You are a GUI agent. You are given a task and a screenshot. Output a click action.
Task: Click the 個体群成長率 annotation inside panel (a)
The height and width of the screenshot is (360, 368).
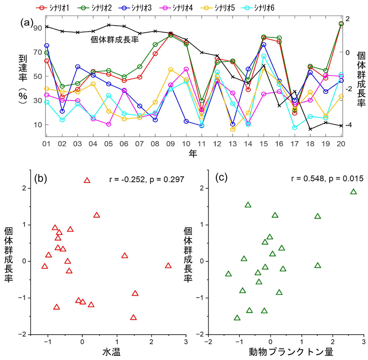pos(114,39)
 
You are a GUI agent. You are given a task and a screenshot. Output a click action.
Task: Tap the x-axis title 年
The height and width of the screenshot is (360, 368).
pos(194,153)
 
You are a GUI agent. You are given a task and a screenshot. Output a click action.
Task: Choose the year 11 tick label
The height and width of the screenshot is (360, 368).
pos(201,143)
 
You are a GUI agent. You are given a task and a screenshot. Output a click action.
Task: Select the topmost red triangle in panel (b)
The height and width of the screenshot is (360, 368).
pos(87,180)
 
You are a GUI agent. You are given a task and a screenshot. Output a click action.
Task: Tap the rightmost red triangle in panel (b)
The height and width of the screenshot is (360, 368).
pos(168,265)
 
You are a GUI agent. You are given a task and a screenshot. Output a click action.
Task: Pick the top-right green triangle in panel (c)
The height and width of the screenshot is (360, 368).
pos(353,192)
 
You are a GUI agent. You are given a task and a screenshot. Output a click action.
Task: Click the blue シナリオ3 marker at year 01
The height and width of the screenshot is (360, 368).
pos(47,46)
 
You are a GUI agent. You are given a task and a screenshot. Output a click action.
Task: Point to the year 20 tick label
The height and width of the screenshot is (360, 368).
pos(341,143)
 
